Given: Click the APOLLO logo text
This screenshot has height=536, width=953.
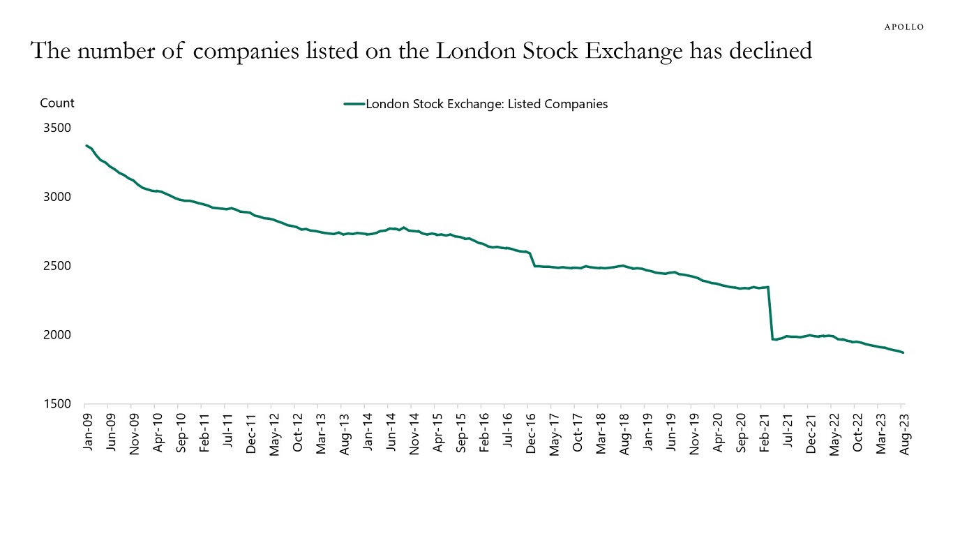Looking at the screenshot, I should (x=903, y=27).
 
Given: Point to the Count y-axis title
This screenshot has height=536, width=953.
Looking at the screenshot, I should (x=57, y=103).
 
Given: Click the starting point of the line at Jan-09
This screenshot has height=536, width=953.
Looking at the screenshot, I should (x=87, y=145).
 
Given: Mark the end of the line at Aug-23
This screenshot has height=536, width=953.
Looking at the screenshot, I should (x=903, y=352).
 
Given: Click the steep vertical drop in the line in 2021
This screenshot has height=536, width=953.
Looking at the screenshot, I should (x=770, y=313).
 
